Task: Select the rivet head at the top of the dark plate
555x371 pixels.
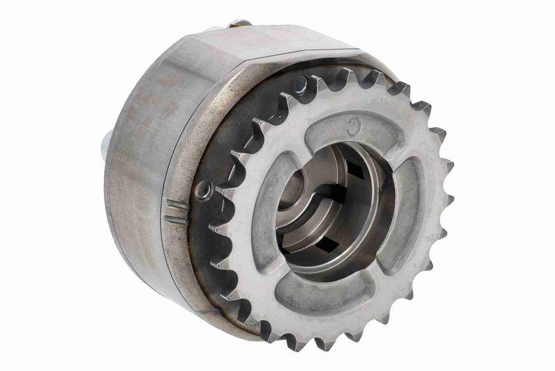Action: point(300,85)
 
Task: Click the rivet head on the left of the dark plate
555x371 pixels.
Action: point(203,189)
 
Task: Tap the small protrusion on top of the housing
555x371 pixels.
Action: point(239,24)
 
